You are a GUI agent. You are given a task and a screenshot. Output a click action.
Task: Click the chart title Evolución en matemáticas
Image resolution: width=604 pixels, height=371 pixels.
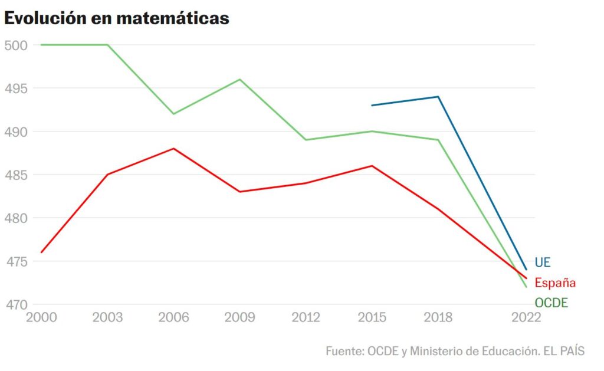click(x=116, y=18)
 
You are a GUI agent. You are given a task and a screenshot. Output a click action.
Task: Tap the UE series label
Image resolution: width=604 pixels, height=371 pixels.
click(x=543, y=262)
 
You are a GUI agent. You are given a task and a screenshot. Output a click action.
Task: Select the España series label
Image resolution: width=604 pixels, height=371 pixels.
click(x=555, y=283)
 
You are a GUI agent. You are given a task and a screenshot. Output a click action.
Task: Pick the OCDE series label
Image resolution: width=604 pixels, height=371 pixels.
click(x=551, y=303)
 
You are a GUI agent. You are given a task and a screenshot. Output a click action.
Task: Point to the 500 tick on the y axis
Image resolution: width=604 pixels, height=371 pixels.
click(x=16, y=45)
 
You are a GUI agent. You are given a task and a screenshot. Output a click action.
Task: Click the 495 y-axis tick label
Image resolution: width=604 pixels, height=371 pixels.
click(x=16, y=88)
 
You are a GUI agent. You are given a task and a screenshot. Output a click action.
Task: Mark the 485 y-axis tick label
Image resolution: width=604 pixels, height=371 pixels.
click(x=16, y=175)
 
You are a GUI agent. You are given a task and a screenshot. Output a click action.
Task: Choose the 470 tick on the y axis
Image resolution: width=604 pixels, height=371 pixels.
click(x=16, y=305)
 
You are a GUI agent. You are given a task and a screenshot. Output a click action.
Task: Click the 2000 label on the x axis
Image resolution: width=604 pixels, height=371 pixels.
click(x=41, y=318)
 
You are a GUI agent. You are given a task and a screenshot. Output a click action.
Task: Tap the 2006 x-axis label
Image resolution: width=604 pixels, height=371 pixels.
click(x=173, y=318)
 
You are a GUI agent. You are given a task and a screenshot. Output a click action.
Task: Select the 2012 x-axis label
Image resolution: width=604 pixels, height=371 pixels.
click(x=306, y=318)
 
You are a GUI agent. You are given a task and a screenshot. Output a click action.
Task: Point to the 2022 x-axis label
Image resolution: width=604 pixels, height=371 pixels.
click(x=526, y=318)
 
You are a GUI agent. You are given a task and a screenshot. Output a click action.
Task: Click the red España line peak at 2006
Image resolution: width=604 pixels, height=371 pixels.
click(x=173, y=149)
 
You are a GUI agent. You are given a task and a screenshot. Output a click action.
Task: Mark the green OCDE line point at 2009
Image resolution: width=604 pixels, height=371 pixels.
click(x=240, y=79)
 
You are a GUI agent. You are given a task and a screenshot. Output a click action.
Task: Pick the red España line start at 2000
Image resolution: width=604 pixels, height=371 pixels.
click(x=41, y=252)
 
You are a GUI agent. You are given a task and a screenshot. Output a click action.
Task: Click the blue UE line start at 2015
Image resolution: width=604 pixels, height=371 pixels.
click(x=372, y=106)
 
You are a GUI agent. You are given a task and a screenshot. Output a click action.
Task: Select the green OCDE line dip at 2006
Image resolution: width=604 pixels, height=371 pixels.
click(x=173, y=114)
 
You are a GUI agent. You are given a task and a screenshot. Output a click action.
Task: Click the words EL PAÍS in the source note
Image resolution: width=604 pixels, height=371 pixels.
click(x=563, y=351)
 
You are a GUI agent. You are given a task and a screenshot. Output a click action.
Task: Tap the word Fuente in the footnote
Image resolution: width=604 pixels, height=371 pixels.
click(x=344, y=351)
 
